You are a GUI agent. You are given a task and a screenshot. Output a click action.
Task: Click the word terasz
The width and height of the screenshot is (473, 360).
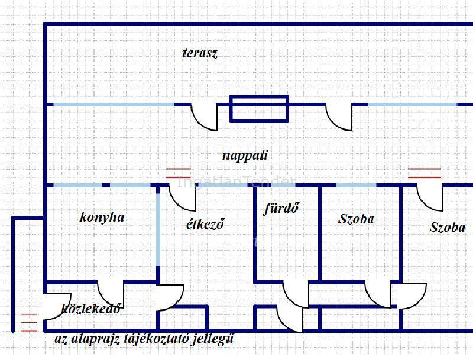(x=200, y=53)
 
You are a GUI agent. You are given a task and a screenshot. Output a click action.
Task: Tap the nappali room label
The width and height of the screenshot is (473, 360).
(x=245, y=156)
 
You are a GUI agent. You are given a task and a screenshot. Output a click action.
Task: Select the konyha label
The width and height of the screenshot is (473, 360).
(x=102, y=218)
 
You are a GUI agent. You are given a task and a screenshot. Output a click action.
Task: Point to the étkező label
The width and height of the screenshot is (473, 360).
(x=205, y=224)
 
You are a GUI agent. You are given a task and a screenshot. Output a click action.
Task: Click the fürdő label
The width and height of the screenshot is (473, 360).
(x=281, y=208)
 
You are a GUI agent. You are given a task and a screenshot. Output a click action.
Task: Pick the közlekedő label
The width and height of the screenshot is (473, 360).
(x=92, y=308)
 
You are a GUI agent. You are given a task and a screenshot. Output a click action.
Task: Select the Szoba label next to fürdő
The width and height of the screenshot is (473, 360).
(x=357, y=219)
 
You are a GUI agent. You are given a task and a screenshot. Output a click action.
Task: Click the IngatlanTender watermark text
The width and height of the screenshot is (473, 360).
(x=236, y=182)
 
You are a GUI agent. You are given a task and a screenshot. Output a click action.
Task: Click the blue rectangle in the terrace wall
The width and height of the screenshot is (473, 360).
(x=259, y=109)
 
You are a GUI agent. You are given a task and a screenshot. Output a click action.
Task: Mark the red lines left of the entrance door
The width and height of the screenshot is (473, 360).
(x=29, y=323)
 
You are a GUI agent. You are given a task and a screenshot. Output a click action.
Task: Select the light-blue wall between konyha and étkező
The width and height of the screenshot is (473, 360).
(x=158, y=229)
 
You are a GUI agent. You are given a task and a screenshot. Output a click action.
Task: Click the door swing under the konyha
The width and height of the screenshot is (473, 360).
(x=111, y=294)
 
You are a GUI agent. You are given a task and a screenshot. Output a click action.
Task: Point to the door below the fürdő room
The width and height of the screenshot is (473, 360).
(x=296, y=294)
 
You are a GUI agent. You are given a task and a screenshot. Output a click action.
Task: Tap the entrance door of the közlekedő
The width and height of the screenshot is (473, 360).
(x=57, y=306)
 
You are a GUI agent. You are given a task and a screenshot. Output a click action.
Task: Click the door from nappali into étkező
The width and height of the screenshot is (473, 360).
(x=182, y=197)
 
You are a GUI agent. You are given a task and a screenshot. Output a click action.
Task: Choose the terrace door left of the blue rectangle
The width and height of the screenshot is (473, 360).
(x=204, y=117)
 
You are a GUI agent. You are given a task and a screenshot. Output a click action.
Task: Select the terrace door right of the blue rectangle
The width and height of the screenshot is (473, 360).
(x=338, y=117)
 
